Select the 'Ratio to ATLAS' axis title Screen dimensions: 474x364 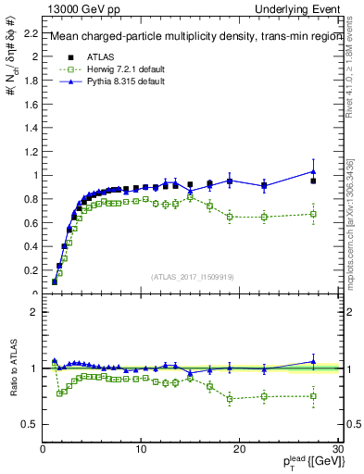pyautogui.click(x=13, y=369)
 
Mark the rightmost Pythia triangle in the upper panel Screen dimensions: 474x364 pyautogui.click(x=313, y=171)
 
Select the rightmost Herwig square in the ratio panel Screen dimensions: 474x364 pyautogui.click(x=313, y=396)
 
